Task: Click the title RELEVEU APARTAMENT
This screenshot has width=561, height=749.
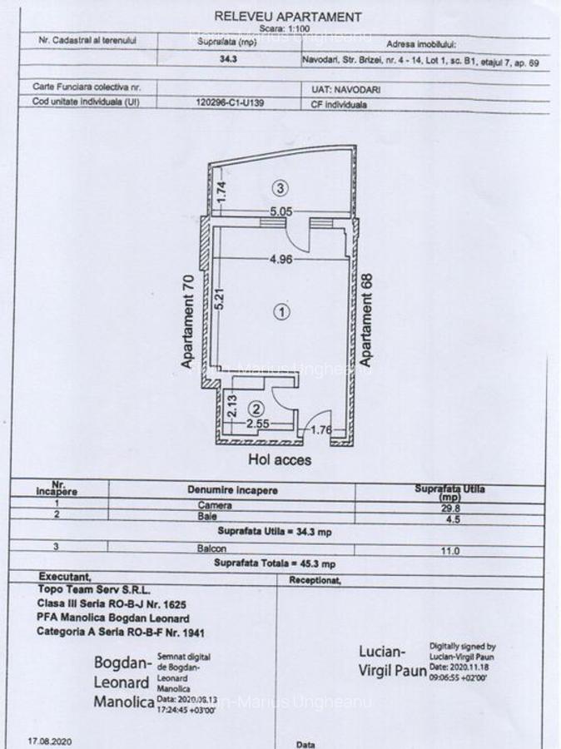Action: (x=288, y=16)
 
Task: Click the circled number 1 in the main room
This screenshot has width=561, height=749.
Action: (x=281, y=311)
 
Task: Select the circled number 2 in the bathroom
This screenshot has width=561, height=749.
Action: (x=257, y=409)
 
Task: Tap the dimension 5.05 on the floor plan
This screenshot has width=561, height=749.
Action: (x=280, y=211)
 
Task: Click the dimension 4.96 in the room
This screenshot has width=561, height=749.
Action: (x=280, y=260)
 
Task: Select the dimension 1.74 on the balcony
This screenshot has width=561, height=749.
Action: (x=221, y=192)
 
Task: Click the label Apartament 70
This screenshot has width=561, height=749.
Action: (x=188, y=321)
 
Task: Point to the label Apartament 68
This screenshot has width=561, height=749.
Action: (x=367, y=317)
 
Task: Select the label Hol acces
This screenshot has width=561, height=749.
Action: (x=280, y=459)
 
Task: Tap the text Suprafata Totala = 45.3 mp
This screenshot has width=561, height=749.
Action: (x=275, y=563)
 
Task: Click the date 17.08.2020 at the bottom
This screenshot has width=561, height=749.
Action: (x=51, y=739)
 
